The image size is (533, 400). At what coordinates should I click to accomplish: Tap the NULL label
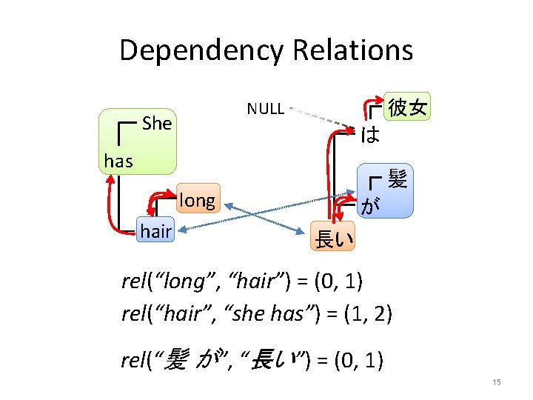(x=265, y=109)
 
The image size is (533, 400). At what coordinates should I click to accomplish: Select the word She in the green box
(x=157, y=123)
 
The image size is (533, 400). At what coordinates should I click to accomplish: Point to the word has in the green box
(x=118, y=160)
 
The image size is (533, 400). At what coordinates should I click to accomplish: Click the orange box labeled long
(x=196, y=200)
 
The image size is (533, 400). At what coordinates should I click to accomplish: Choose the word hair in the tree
(x=155, y=232)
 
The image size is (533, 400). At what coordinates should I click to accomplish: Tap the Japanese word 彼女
(x=407, y=108)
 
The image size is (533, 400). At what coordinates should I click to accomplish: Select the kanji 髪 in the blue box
(x=397, y=179)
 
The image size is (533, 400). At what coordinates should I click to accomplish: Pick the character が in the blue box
(x=370, y=207)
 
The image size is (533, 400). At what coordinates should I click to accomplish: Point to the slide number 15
(x=496, y=381)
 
